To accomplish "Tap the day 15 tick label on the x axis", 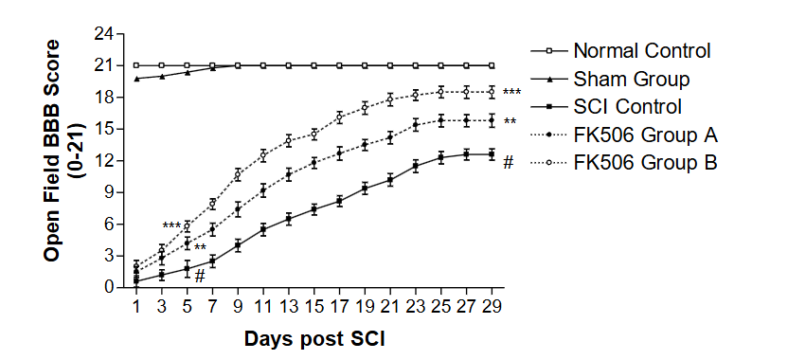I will pyautogui.click(x=313, y=306).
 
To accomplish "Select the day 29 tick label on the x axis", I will pyautogui.click(x=492, y=306).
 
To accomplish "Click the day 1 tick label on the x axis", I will pyautogui.click(x=136, y=306).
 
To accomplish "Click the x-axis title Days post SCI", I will pyautogui.click(x=313, y=338).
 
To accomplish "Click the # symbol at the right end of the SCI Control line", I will pyautogui.click(x=508, y=162).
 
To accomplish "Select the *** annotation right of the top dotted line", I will pyautogui.click(x=511, y=93).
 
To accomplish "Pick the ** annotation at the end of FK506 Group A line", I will pyautogui.click(x=510, y=122).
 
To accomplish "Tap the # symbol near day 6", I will pyautogui.click(x=200, y=276).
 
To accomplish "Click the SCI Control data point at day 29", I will pyautogui.click(x=491, y=154).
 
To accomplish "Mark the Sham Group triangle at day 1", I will pyautogui.click(x=136, y=79).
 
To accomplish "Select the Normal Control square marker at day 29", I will pyautogui.click(x=491, y=65).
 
